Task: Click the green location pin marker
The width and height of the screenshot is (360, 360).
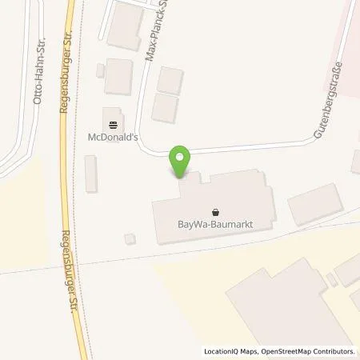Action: (182, 163)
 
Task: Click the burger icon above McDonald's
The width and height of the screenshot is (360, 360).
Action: (112, 124)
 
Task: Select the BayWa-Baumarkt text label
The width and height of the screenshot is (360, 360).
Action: (214, 225)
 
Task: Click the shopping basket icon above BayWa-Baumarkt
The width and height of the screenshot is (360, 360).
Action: (215, 211)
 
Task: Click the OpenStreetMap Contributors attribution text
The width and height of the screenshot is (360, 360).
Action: (307, 351)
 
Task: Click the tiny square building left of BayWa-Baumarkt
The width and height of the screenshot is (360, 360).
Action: (130, 238)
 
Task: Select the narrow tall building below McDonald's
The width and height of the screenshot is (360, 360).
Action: (91, 174)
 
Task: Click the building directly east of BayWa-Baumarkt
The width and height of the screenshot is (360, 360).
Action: (314, 204)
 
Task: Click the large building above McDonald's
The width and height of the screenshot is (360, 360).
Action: (118, 76)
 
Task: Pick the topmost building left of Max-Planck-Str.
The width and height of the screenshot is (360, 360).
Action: (124, 24)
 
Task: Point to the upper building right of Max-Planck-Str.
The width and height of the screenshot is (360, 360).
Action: (170, 79)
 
